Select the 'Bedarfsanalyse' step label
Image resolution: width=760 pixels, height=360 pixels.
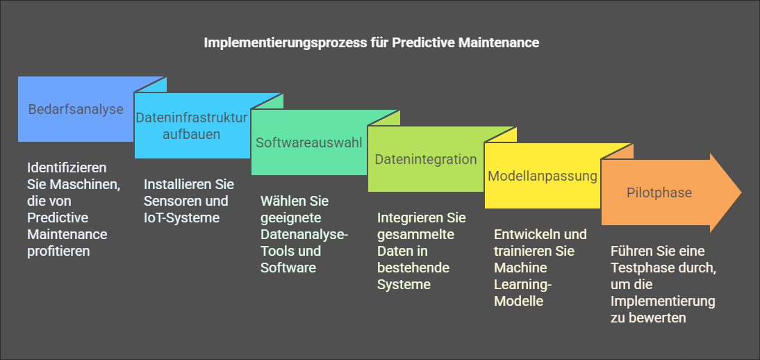point(76,109)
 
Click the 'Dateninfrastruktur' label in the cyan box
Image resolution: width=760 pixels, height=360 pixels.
point(192,117)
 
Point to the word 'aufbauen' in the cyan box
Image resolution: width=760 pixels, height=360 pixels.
point(192,134)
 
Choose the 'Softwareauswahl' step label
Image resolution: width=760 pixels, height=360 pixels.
point(309,142)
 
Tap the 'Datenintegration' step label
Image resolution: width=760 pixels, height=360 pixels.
point(426,159)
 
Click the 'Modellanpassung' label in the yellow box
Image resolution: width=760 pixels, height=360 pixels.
point(543,176)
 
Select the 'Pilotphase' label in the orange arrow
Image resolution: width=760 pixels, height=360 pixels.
point(659,193)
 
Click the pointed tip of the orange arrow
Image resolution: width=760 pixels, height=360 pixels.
point(741,192)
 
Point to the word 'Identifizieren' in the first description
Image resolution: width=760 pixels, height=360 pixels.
point(67,168)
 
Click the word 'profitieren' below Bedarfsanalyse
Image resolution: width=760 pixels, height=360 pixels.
point(58,252)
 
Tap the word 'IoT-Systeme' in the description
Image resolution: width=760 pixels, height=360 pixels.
point(182,218)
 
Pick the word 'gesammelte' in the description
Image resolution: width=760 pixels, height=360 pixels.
point(416,235)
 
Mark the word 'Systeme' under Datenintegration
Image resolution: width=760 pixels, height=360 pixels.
point(404,285)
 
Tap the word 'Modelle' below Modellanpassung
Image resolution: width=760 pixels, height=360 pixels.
point(518,302)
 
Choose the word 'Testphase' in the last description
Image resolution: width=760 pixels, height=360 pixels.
point(638,268)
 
